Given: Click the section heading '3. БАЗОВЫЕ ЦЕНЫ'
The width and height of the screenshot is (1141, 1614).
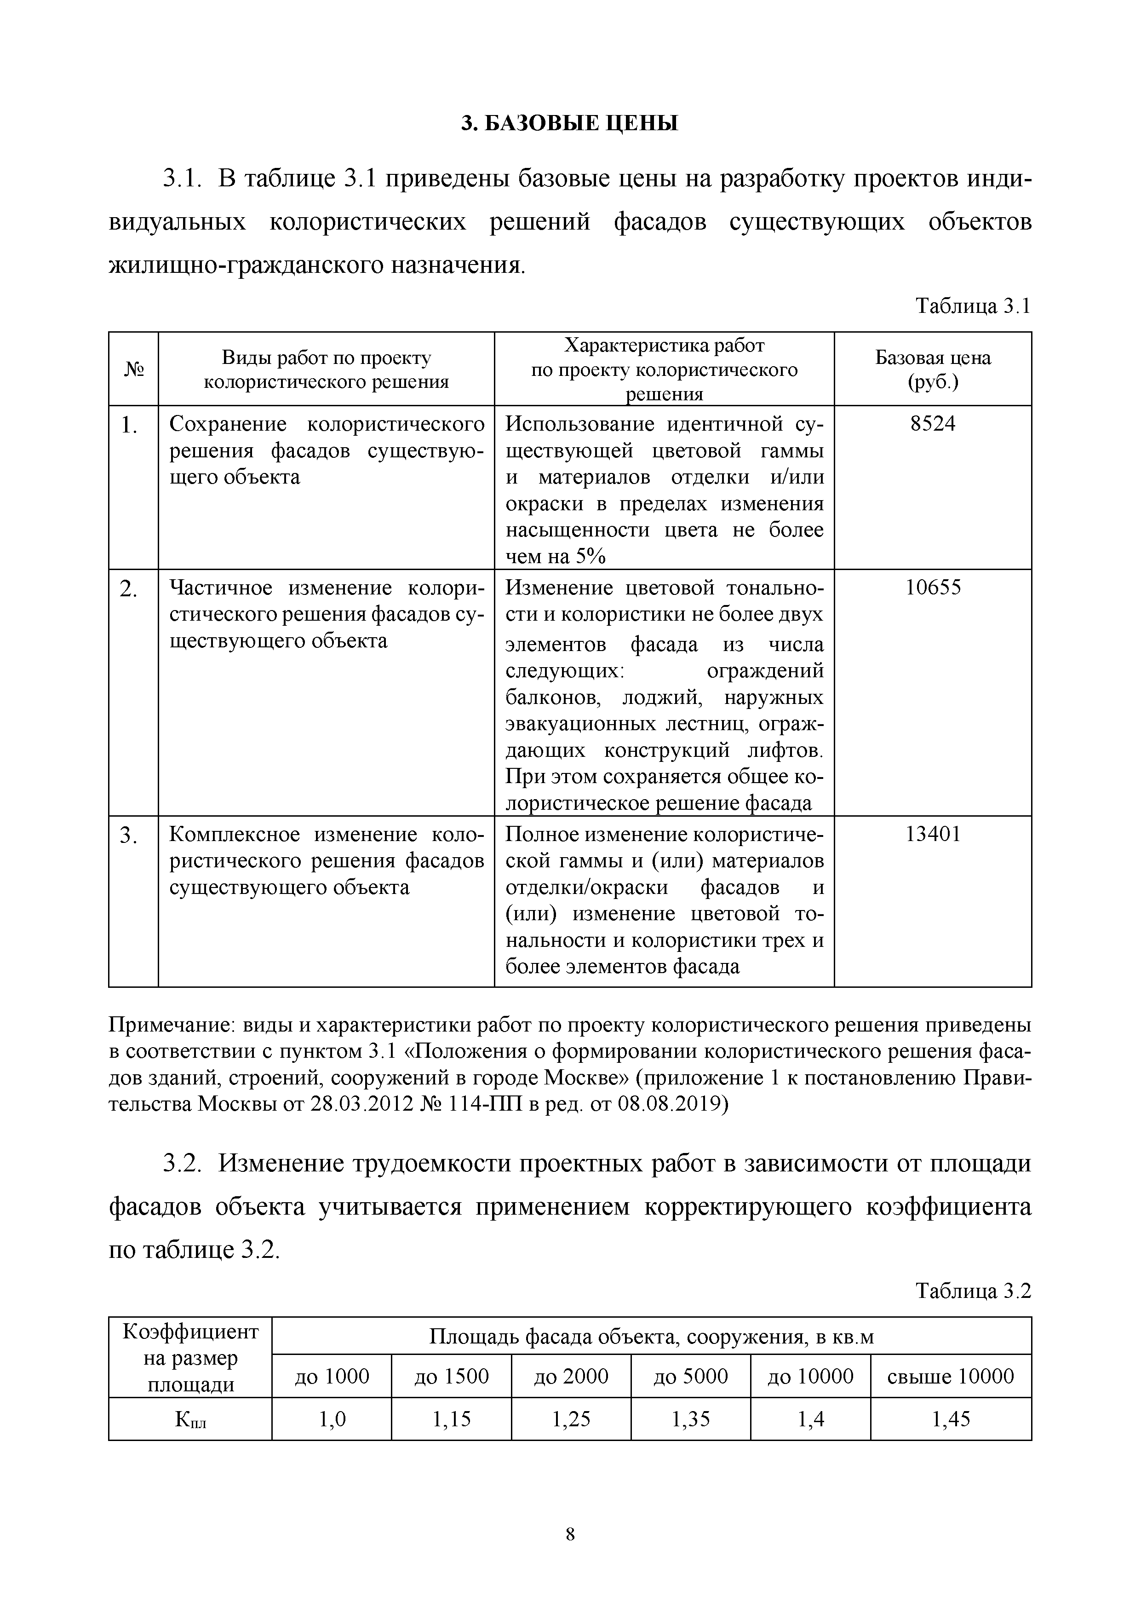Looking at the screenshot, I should point(570,124).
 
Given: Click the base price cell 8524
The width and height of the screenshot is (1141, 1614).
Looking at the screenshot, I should point(932,425).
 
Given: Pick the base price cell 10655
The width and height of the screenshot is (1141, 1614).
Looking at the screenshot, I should point(932,588).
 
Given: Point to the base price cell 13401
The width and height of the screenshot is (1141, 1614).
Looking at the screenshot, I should point(932,835).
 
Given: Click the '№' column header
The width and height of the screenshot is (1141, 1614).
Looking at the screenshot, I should point(133,369).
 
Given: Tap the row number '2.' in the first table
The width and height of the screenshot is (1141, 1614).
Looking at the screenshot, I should point(129,589).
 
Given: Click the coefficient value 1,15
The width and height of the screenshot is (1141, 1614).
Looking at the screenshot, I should point(451,1419).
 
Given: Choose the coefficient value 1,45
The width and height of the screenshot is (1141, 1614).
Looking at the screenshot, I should point(951,1419).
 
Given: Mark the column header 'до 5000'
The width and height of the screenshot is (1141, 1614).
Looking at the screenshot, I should point(691,1376).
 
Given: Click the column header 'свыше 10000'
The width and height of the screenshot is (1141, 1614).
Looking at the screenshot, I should point(951,1376).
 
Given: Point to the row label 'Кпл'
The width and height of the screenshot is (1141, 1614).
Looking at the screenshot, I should point(189,1420).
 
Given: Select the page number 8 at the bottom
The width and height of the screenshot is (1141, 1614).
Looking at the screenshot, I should point(570,1534).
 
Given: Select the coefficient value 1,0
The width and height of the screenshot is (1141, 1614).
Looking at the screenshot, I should point(332,1419).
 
